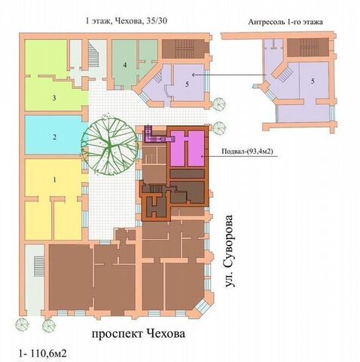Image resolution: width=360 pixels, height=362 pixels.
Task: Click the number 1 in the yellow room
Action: click(x=55, y=179)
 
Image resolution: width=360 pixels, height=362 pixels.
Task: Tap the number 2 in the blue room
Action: click(x=54, y=137)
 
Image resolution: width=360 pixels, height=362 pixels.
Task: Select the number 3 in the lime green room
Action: click(x=54, y=98)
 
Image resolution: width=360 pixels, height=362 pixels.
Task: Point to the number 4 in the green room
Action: click(x=125, y=65)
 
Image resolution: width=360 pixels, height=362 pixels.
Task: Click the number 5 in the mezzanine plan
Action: click(x=313, y=81)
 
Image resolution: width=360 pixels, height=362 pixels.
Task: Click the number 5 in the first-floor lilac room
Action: click(x=187, y=84)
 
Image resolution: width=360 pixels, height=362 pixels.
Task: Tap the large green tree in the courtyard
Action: click(x=109, y=143)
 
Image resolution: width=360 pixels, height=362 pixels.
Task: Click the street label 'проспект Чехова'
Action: click(x=139, y=334)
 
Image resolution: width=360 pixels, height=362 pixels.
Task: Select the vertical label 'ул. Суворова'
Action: click(x=229, y=251)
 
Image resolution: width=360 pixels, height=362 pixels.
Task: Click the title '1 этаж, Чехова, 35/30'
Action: click(x=127, y=21)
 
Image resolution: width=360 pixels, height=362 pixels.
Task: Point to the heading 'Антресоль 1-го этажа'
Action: click(x=285, y=22)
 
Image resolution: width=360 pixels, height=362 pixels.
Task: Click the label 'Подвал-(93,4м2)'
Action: click(x=247, y=152)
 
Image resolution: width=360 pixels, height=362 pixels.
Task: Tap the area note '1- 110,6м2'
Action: click(x=43, y=354)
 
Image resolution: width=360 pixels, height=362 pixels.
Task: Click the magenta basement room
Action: click(x=188, y=149)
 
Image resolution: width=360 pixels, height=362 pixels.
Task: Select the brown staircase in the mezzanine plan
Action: click(x=308, y=48)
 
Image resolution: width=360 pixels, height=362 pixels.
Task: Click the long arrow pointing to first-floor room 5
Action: click(x=229, y=75)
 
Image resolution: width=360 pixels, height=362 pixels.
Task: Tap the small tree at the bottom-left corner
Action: click(x=22, y=324)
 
